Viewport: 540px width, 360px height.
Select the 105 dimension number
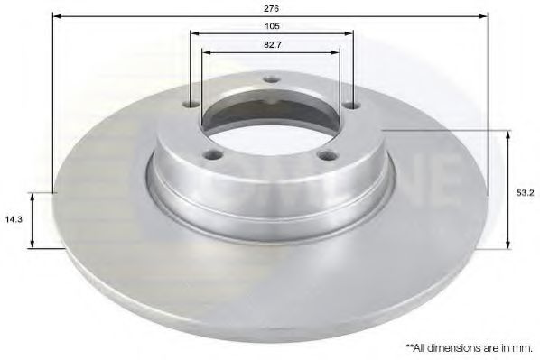coord(272,27)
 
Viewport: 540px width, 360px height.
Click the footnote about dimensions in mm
coord(469,346)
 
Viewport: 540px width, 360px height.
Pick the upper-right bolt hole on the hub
coord(350,106)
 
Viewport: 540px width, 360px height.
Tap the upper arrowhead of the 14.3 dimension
coord(33,195)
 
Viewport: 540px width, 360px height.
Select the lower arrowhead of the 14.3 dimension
coord(33,245)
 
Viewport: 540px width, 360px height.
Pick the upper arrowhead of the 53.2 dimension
coord(509,134)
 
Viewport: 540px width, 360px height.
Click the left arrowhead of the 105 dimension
coord(194,35)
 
